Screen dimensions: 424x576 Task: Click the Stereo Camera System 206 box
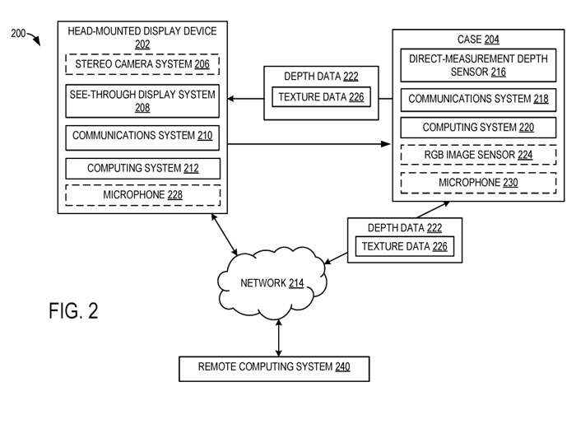click(x=142, y=63)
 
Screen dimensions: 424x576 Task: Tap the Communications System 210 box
click(x=142, y=136)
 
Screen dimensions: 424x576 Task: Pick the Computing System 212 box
click(x=142, y=169)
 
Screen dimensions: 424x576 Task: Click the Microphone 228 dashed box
click(x=142, y=195)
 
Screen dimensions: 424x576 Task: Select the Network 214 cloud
click(x=272, y=284)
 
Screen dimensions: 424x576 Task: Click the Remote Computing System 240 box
click(x=274, y=367)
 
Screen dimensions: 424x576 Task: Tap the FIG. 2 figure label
click(x=73, y=311)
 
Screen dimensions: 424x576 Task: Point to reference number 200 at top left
click(x=18, y=33)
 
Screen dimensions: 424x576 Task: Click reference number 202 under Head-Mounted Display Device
click(x=142, y=45)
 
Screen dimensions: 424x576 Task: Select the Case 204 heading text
click(x=477, y=39)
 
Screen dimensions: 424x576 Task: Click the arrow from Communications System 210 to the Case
click(x=309, y=145)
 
